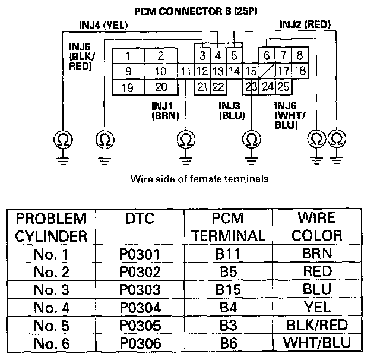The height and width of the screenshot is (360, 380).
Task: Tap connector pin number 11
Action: tap(186, 72)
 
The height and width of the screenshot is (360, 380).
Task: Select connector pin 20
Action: tap(160, 87)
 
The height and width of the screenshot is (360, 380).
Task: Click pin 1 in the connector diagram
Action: tap(128, 56)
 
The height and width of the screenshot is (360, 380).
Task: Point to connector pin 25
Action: tap(283, 87)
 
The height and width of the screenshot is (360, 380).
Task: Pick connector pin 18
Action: tap(300, 71)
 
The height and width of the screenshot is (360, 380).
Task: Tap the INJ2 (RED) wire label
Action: tap(305, 24)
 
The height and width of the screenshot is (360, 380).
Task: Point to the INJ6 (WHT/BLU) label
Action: tap(289, 115)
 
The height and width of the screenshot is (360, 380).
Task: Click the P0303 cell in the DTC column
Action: tap(140, 290)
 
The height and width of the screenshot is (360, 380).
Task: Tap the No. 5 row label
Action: tap(53, 325)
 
